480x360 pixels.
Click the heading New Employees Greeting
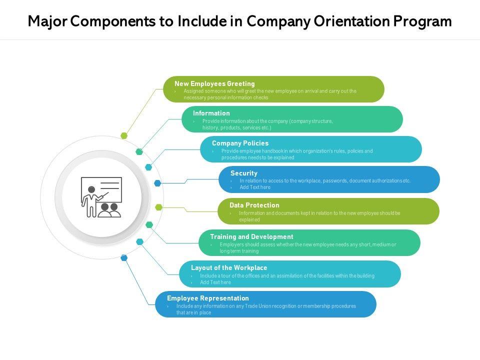pyautogui.click(x=214, y=83)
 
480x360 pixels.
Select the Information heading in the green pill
pyautogui.click(x=211, y=113)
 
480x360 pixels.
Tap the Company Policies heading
pyautogui.click(x=240, y=143)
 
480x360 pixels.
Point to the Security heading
pyautogui.click(x=244, y=173)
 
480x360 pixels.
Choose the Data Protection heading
pyautogui.click(x=254, y=205)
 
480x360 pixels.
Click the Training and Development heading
pyautogui.click(x=251, y=236)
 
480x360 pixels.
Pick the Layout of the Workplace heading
pyautogui.click(x=229, y=267)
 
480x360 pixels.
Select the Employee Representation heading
pyautogui.click(x=208, y=298)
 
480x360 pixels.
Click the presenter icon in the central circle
pyautogui.click(x=101, y=197)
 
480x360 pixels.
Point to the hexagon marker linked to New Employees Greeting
pyautogui.click(x=124, y=135)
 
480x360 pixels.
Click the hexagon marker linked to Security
pyautogui.click(x=157, y=183)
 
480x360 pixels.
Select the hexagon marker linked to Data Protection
pyautogui.click(x=158, y=207)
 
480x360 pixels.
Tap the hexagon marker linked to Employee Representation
pyautogui.click(x=124, y=258)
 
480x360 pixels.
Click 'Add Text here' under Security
pyautogui.click(x=255, y=187)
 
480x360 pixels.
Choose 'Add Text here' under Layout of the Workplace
pyautogui.click(x=215, y=282)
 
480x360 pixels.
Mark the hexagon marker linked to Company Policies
pyautogui.click(x=148, y=167)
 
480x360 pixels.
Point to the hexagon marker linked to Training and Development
pyautogui.click(x=149, y=225)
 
